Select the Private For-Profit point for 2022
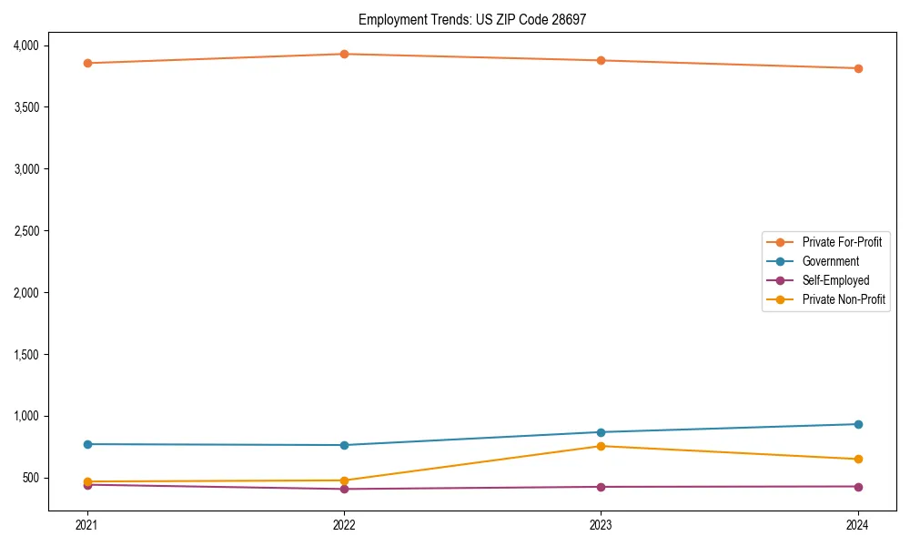[344, 54]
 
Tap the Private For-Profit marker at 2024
[858, 68]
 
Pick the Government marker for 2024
[858, 424]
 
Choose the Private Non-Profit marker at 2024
[858, 459]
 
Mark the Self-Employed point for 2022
[344, 489]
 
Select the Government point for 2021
[87, 444]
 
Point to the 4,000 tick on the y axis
[25, 45]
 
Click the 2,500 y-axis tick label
[25, 231]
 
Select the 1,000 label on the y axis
[25, 416]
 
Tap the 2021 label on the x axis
[87, 524]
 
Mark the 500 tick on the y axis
[30, 478]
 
